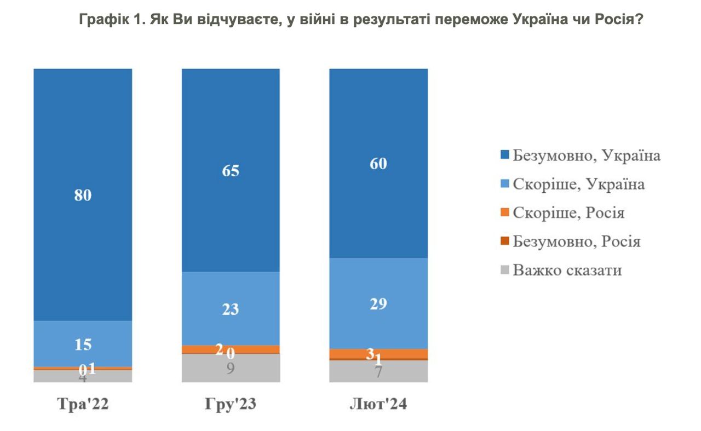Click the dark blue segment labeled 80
[83, 194]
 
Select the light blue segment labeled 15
[83, 343]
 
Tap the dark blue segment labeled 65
[231, 170]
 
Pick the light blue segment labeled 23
[231, 309]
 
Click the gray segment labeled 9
[231, 368]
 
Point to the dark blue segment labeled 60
[378, 163]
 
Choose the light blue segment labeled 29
[378, 303]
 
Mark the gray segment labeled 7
[378, 371]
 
